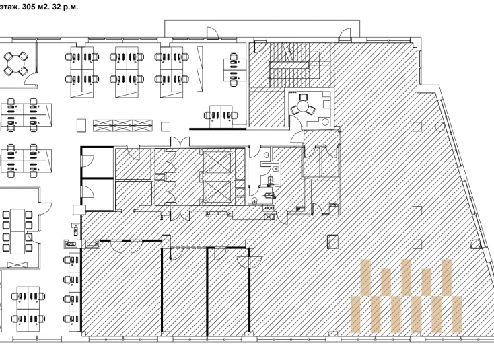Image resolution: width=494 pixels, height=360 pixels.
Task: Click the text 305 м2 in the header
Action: coord(34,7)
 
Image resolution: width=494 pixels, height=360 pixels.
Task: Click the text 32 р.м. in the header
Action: coord(64,7)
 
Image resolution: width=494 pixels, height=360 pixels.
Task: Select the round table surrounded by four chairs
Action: coord(15,64)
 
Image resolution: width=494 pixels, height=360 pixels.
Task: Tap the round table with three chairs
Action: coord(302,106)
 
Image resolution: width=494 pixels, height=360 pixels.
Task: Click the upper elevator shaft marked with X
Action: coord(217,162)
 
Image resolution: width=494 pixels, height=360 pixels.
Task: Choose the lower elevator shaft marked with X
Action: coord(217,191)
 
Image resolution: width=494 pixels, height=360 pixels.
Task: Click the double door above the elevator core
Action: coord(180,142)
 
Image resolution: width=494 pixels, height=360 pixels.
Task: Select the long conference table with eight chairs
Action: coord(17,231)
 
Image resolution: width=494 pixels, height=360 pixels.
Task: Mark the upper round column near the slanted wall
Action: coord(439,127)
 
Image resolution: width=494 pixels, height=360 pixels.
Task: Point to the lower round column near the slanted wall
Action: coord(475,244)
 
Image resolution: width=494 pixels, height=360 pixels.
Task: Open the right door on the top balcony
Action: coord(345,34)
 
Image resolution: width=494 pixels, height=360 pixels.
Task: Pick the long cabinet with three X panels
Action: coord(122,126)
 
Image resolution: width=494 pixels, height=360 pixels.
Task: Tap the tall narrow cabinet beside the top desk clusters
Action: coord(199,69)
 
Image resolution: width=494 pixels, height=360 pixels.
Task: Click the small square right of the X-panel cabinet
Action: coord(166,127)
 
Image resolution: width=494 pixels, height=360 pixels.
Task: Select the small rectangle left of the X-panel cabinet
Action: coord(81,125)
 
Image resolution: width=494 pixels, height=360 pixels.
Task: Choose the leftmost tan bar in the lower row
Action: coord(355,314)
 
